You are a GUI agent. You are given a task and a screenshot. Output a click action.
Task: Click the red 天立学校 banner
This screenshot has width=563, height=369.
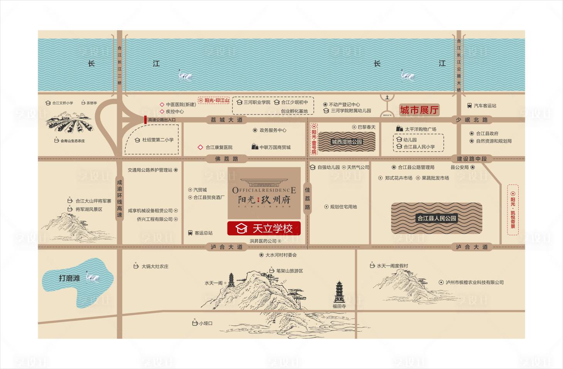click(264, 228)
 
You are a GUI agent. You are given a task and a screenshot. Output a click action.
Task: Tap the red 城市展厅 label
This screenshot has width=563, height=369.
click(419, 110)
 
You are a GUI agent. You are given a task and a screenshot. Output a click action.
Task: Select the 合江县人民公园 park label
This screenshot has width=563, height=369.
click(437, 218)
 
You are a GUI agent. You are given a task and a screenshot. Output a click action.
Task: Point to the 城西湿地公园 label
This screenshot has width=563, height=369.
click(347, 142)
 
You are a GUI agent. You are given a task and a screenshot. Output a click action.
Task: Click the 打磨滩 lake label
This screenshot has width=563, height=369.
click(69, 278)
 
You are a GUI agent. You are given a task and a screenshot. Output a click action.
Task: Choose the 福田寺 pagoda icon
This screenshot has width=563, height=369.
click(339, 292)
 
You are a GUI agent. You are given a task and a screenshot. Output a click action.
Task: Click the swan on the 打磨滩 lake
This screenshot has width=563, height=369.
click(92, 276)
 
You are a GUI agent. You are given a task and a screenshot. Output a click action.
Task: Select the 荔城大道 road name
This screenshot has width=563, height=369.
click(226, 120)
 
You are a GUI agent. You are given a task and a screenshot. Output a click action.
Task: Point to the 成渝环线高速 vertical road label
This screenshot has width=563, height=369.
click(120, 199)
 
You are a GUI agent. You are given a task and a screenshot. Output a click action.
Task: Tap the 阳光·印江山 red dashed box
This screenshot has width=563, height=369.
click(214, 100)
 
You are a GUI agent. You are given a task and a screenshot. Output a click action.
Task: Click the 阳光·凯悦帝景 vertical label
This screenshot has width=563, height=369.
click(513, 210)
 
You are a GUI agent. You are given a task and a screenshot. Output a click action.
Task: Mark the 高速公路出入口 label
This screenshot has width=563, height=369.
click(162, 120)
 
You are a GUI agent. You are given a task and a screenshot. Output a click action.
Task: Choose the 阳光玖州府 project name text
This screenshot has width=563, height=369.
click(264, 200)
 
